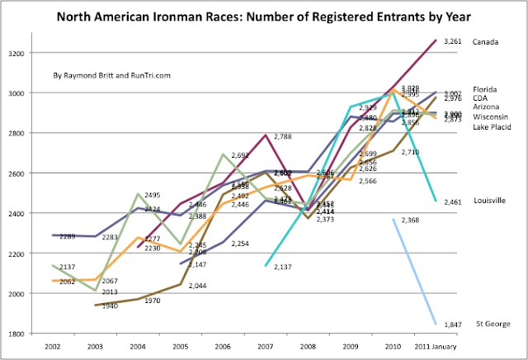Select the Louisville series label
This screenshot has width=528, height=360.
click(489, 201)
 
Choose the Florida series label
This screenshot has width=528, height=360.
click(485, 88)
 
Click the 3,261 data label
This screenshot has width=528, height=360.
click(452, 41)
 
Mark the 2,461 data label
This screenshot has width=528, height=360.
click(452, 201)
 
